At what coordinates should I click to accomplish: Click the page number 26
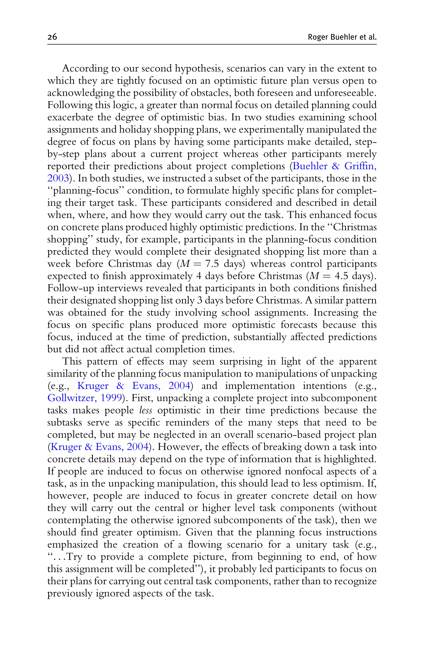52,37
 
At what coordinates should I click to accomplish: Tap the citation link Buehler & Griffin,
334,166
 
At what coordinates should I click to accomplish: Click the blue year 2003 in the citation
58,178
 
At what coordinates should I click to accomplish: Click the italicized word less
146,410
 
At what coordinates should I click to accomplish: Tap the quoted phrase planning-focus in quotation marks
87,190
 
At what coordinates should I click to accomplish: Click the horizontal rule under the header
212,44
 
